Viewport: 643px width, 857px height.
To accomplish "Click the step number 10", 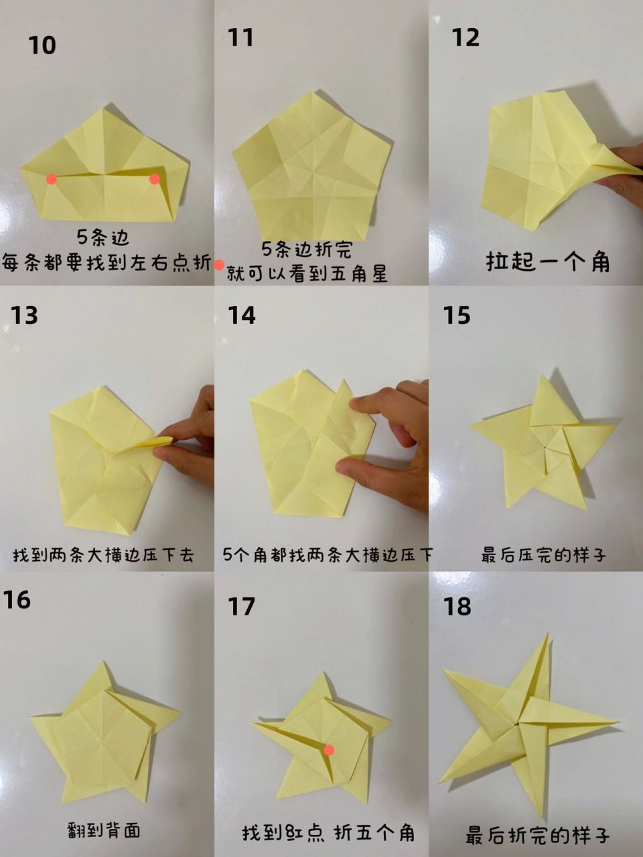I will pyautogui.click(x=42, y=46).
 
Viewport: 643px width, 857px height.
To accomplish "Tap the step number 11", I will pyautogui.click(x=240, y=38).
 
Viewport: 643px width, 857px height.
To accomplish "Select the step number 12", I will pyautogui.click(x=466, y=38).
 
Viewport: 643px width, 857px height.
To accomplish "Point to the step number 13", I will pyautogui.click(x=25, y=315).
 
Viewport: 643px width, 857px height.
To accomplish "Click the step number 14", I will pyautogui.click(x=241, y=315).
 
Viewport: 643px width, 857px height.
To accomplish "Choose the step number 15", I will pyautogui.click(x=457, y=315).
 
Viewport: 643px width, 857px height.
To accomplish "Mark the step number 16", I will pyautogui.click(x=17, y=600).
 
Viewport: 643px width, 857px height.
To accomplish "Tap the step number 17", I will pyautogui.click(x=241, y=607).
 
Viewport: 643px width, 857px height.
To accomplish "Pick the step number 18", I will pyautogui.click(x=457, y=607).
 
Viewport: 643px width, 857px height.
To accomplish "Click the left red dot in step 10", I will pyautogui.click(x=52, y=179).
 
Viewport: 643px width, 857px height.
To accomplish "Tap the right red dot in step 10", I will pyautogui.click(x=155, y=179).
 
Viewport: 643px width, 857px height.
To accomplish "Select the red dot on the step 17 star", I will pyautogui.click(x=329, y=750).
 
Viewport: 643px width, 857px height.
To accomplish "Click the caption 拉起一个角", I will pyautogui.click(x=548, y=262).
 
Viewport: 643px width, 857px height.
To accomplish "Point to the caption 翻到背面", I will pyautogui.click(x=104, y=831).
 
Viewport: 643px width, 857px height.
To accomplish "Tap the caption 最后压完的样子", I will pyautogui.click(x=543, y=555).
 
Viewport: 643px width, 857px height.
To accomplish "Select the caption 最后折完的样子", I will pyautogui.click(x=537, y=836).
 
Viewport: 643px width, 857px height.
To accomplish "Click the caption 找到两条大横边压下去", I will pyautogui.click(x=104, y=555).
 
